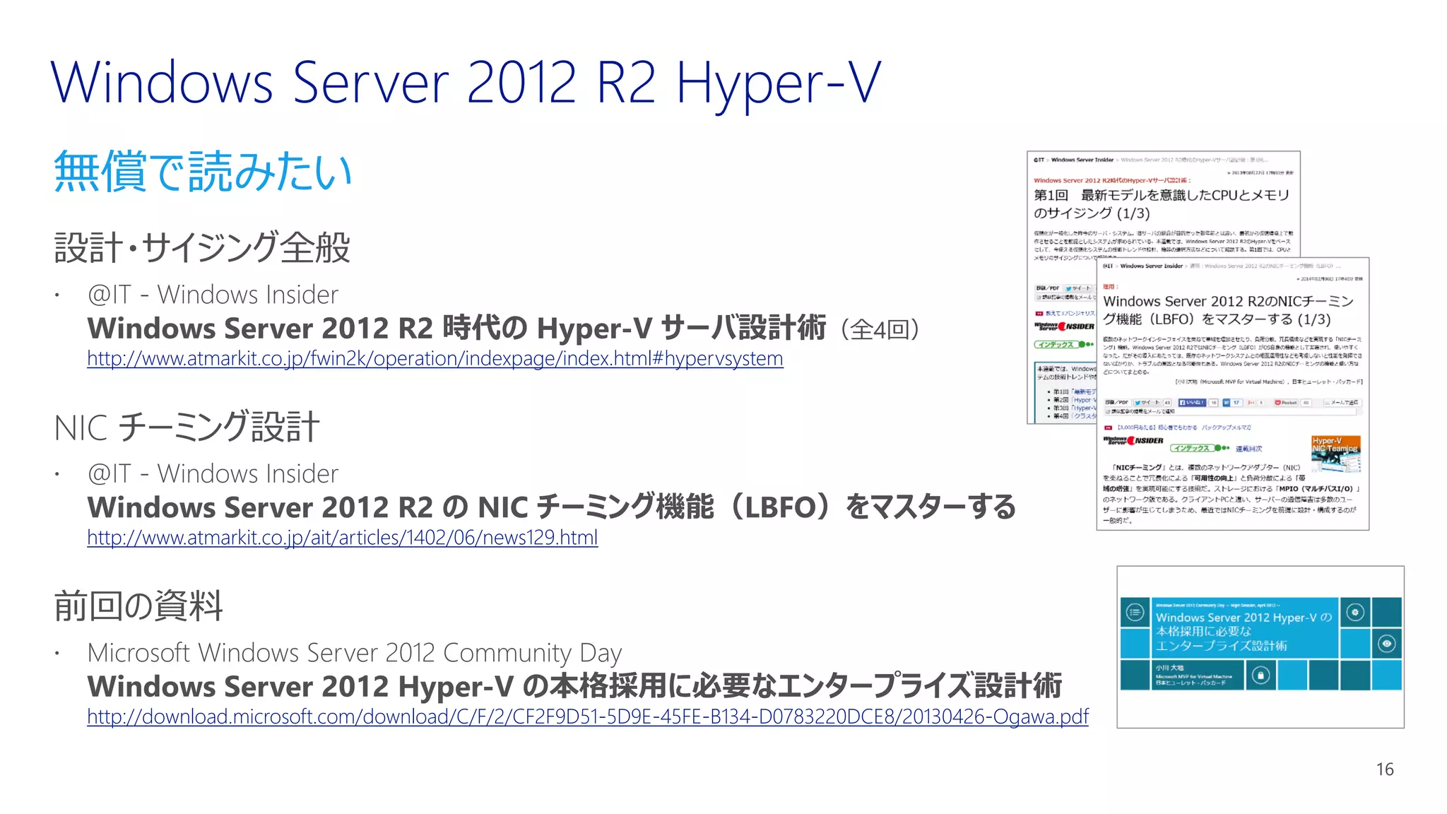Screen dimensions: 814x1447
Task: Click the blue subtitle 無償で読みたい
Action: click(x=203, y=172)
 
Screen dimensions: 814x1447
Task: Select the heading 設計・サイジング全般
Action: click(x=203, y=248)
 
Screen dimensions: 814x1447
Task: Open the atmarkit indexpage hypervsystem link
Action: click(x=435, y=359)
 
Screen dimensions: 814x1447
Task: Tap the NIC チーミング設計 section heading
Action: click(x=187, y=427)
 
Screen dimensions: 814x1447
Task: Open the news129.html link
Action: click(x=342, y=538)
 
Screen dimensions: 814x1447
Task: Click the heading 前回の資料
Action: click(x=138, y=606)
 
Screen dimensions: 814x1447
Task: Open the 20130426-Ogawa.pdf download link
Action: click(x=587, y=716)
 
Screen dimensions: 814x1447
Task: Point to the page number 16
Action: click(x=1384, y=769)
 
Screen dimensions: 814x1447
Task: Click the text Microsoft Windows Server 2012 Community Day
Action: click(x=354, y=653)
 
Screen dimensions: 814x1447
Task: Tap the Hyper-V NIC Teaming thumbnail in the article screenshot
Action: click(x=1335, y=454)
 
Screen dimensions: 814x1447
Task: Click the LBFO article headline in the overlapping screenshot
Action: click(x=1228, y=310)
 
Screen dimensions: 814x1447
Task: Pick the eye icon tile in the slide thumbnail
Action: click(x=1387, y=644)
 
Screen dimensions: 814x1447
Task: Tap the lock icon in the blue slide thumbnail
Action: click(x=1260, y=676)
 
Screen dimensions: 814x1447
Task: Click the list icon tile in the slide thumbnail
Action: click(x=1135, y=612)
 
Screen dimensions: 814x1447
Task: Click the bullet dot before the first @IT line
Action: click(x=57, y=295)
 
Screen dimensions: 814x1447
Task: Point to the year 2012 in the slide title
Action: click(x=521, y=83)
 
